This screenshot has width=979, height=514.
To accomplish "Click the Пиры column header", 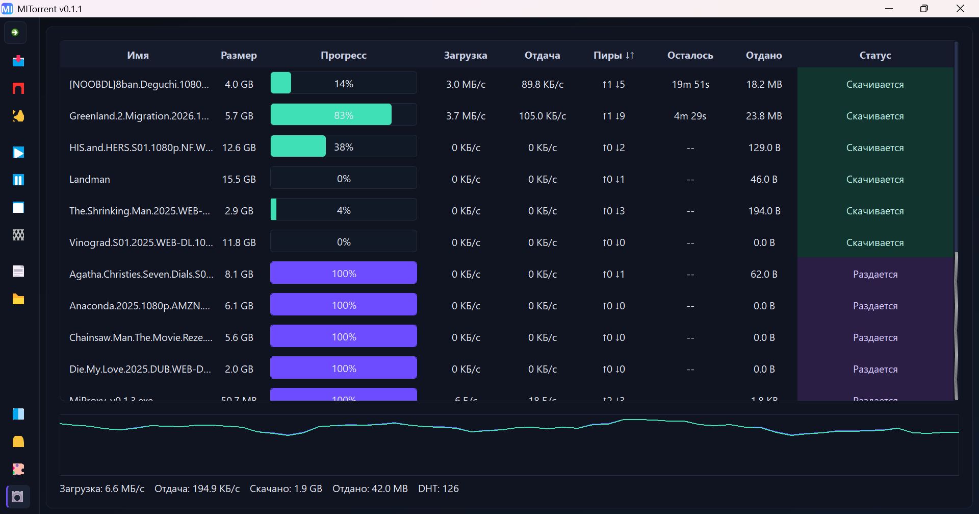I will click(x=613, y=55).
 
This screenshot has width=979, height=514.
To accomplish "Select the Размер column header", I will click(x=239, y=55).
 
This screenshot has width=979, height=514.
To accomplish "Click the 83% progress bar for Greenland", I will click(x=343, y=115).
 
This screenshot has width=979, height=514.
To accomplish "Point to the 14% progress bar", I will click(x=343, y=83).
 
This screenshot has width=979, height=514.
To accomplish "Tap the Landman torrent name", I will click(x=90, y=179).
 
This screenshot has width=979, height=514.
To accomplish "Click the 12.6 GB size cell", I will click(x=239, y=148).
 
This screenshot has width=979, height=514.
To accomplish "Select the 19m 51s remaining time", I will click(x=690, y=84).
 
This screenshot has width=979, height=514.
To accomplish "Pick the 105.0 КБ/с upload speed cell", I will click(x=542, y=116).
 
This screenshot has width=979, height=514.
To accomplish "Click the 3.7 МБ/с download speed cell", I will click(x=466, y=116).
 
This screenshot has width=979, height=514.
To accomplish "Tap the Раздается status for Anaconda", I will click(x=875, y=306).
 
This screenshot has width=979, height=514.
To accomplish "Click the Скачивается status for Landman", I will click(x=875, y=179).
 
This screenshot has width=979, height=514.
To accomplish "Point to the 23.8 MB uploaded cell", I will click(x=763, y=116).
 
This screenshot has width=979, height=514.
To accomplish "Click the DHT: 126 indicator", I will click(x=438, y=488).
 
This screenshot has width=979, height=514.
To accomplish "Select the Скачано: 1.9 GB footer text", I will click(x=286, y=488).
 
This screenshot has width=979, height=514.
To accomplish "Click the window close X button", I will click(x=960, y=9).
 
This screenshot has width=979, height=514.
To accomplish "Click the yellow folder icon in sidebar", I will click(x=18, y=299).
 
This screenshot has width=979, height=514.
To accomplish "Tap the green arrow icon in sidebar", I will click(x=15, y=33).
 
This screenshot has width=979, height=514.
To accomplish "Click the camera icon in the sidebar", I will click(x=18, y=497).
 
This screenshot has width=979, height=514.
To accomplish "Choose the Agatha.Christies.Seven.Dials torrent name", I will click(x=141, y=274).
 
